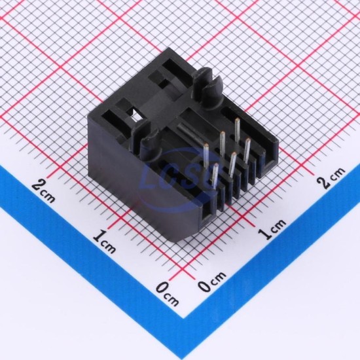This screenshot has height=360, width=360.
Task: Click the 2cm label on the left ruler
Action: [44, 191]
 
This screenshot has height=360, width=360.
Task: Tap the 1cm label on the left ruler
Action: [105, 241]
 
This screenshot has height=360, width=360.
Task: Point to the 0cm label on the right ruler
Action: [211, 282]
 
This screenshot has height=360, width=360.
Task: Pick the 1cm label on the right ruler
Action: [272, 229]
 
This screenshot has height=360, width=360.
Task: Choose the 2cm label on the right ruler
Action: [331, 177]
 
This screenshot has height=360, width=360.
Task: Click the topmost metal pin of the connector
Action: [237, 129]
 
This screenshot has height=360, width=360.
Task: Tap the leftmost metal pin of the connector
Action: [206, 155]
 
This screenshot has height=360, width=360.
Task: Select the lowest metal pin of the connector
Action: [215, 175]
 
